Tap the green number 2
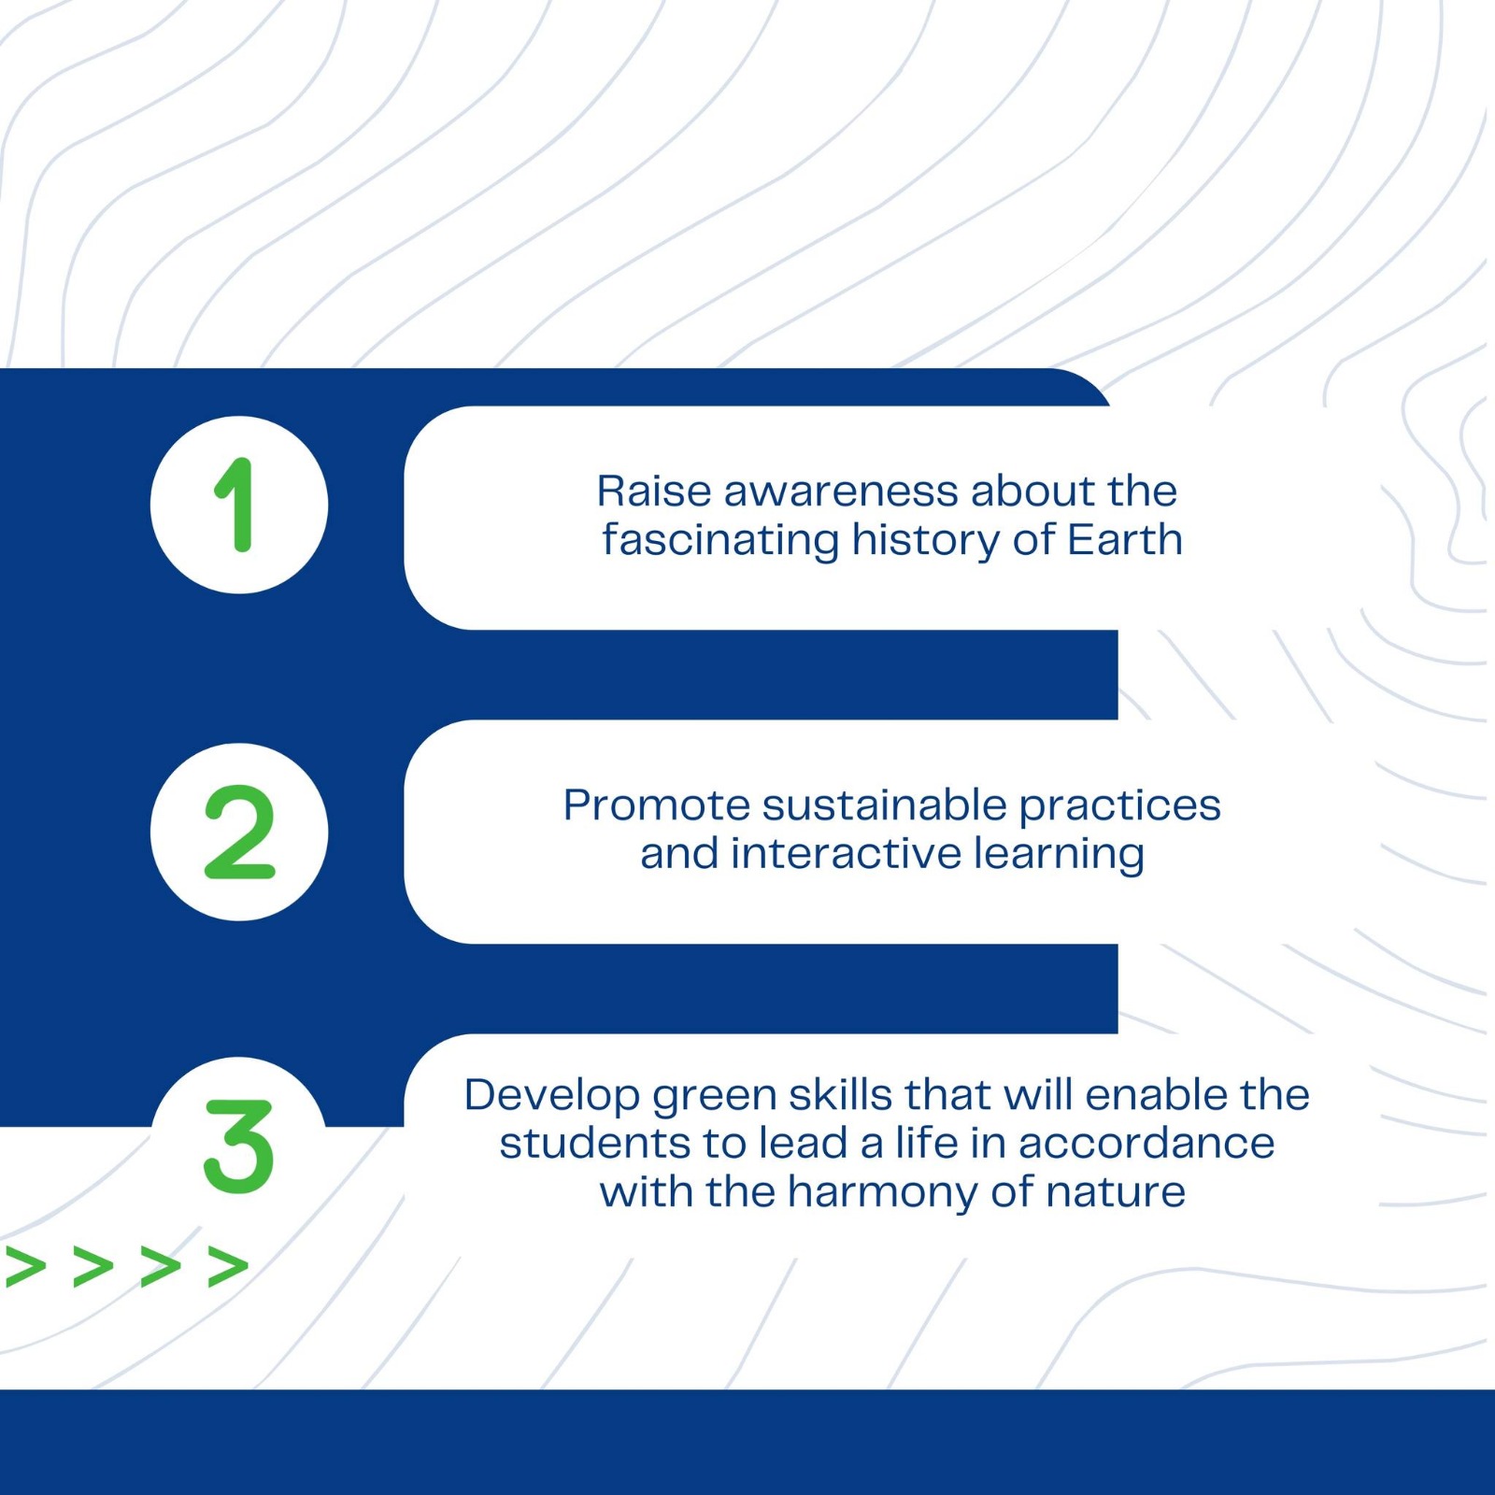click(239, 832)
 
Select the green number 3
click(239, 1146)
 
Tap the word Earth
click(1125, 540)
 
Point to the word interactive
click(846, 854)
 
